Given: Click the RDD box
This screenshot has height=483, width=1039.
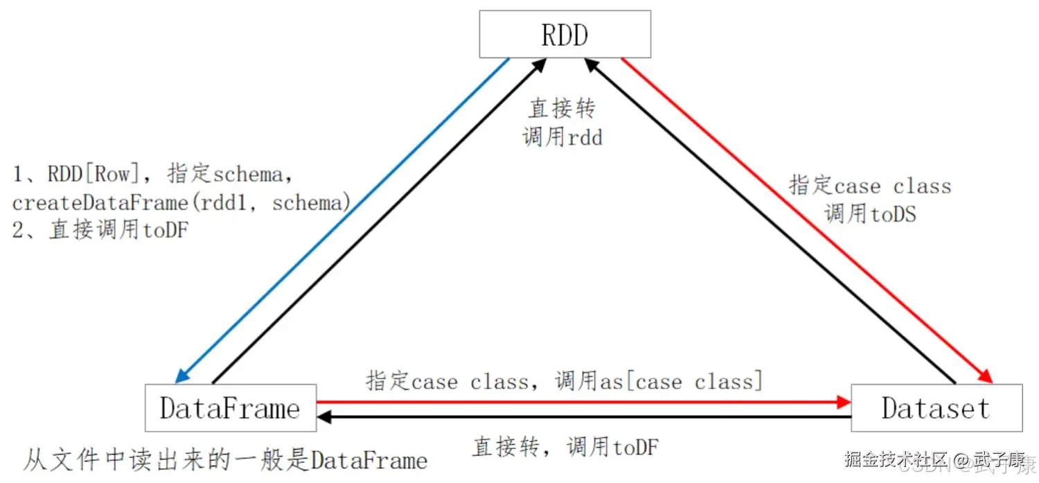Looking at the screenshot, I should (x=565, y=34).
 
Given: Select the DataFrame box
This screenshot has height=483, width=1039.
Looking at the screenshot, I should (x=230, y=408).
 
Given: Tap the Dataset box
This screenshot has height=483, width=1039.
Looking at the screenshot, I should (x=936, y=408).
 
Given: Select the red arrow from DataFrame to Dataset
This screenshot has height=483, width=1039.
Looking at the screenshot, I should (x=582, y=401).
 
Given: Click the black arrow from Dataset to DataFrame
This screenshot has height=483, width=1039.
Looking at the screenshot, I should (x=582, y=417).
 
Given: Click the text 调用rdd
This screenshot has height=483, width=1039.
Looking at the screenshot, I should (x=562, y=137).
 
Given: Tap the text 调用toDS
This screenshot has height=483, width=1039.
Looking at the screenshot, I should (x=870, y=214).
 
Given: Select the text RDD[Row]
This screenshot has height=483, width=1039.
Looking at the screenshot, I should (x=89, y=174).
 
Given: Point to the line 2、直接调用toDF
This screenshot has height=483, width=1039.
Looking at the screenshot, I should (x=100, y=230).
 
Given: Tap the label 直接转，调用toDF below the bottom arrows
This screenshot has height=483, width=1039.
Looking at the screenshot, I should (x=565, y=447).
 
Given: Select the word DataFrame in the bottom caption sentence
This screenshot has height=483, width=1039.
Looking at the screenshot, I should (x=368, y=459).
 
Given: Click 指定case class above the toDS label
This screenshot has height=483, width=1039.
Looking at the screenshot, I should (x=870, y=186).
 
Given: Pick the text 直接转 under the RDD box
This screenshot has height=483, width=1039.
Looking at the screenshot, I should (x=562, y=108).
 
